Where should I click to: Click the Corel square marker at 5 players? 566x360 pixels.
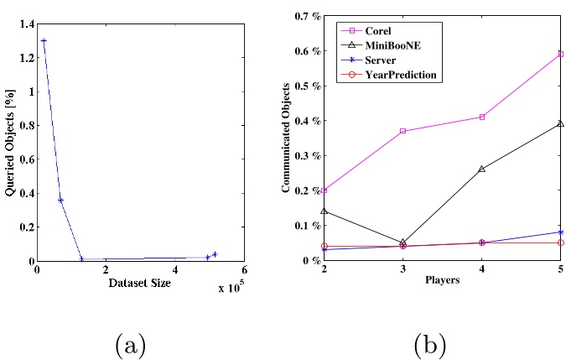tap(560, 54)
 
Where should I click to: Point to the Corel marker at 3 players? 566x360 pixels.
tap(402, 131)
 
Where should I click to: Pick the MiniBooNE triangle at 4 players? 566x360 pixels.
tap(481, 169)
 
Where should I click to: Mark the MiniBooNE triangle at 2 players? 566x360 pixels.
tap(325, 211)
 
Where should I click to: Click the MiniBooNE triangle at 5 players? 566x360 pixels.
tap(560, 123)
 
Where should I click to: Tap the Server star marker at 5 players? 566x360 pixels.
tap(560, 232)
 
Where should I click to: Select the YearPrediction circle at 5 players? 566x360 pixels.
tap(560, 243)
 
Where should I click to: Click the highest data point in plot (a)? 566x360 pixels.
tap(44, 40)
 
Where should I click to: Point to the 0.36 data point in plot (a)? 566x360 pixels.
tap(60, 200)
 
